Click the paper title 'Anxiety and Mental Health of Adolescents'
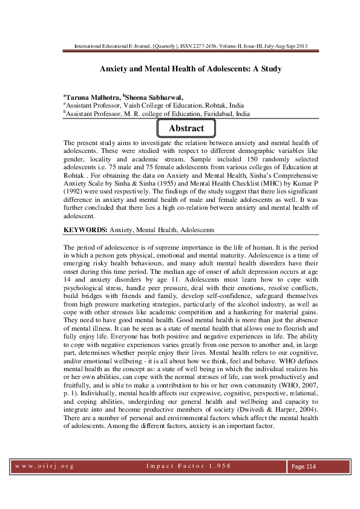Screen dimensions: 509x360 191,69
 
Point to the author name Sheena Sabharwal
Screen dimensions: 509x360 154,96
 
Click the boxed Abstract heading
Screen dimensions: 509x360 186,128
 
